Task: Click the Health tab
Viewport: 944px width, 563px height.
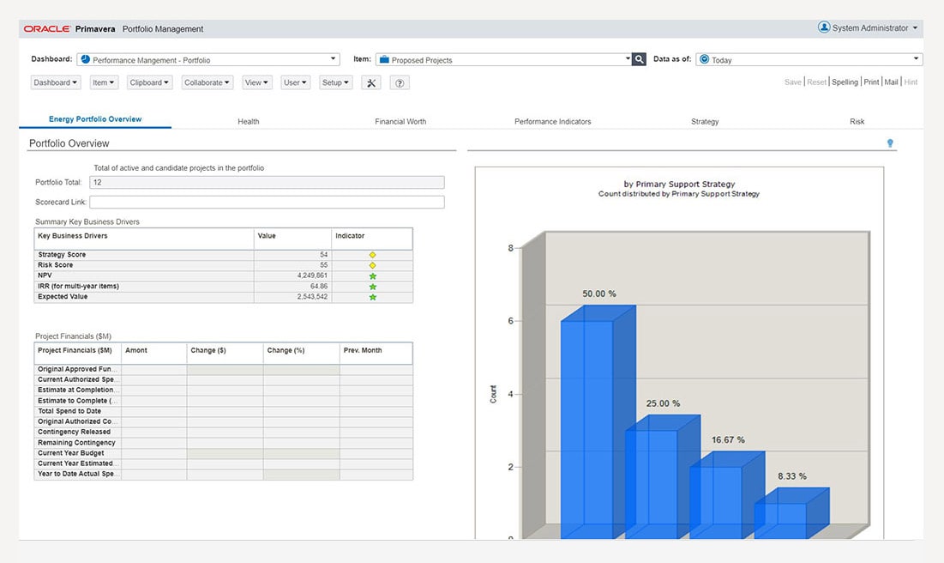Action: pyautogui.click(x=249, y=122)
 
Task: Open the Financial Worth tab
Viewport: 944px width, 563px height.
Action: pyautogui.click(x=400, y=122)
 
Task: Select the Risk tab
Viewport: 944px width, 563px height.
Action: pyautogui.click(x=857, y=122)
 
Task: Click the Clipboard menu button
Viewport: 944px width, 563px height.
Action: pyautogui.click(x=150, y=83)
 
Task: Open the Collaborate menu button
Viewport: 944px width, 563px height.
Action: pyautogui.click(x=207, y=83)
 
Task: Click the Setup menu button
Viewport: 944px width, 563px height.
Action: pyautogui.click(x=335, y=83)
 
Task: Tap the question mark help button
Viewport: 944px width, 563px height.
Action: pyautogui.click(x=400, y=83)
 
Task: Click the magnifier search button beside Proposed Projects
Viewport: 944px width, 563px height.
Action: pyautogui.click(x=639, y=59)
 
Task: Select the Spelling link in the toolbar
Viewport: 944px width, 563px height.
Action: pyautogui.click(x=845, y=82)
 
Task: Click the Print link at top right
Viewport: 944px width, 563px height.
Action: pyautogui.click(x=871, y=82)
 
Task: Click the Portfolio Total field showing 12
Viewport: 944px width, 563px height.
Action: pyautogui.click(x=267, y=182)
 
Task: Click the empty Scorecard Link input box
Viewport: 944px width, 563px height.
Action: pyautogui.click(x=267, y=203)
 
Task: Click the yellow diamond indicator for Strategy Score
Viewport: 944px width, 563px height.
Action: pyautogui.click(x=372, y=255)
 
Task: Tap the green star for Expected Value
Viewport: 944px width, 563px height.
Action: pyautogui.click(x=372, y=297)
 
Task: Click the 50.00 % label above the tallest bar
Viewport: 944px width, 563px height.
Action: pyautogui.click(x=599, y=294)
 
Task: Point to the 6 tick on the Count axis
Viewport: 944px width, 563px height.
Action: pyautogui.click(x=510, y=321)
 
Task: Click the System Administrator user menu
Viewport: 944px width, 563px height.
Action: pyautogui.click(x=868, y=28)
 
